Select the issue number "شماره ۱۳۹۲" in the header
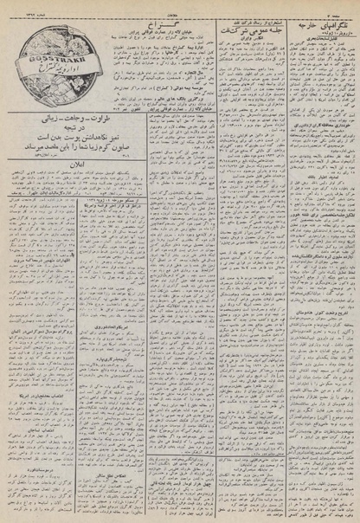coord(19,7)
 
